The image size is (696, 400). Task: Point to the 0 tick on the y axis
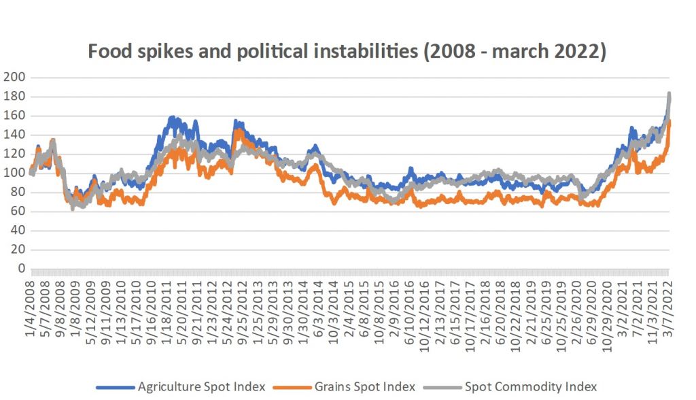tap(21, 269)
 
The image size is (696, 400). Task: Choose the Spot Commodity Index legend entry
tap(530, 386)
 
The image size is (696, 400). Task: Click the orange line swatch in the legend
tap(286, 386)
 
